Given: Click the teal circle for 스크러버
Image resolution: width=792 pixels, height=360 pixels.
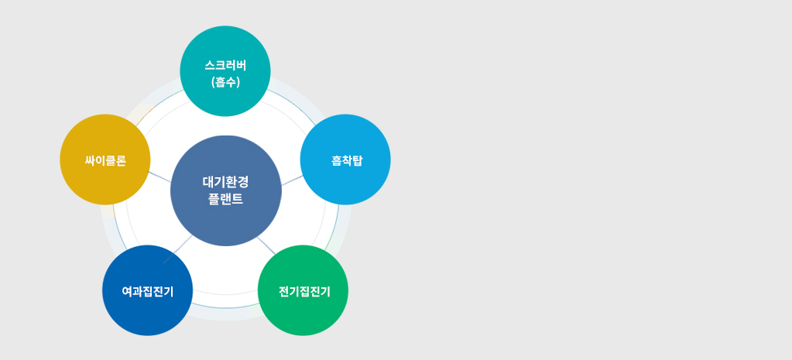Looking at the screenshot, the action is [225, 71].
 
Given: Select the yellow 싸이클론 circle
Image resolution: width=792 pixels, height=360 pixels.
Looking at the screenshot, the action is [105, 159].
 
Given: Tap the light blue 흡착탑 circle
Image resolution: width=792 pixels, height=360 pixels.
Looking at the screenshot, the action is [345, 159].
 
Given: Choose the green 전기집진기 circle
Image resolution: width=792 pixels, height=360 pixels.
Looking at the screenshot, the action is [303, 290].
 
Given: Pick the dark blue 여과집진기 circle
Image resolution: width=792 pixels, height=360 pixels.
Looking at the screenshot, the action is [148, 290].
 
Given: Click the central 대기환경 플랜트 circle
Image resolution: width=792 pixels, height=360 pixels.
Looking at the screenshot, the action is [226, 191].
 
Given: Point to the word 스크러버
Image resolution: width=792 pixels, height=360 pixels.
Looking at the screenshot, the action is [225, 66].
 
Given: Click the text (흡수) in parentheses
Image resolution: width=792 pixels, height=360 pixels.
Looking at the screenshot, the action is [225, 82].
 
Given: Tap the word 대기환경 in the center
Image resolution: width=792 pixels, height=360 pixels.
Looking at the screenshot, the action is [226, 182].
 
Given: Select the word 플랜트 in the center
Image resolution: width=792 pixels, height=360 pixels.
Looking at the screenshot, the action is [226, 199].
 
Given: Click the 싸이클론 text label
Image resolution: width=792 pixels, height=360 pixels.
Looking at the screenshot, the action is [105, 160].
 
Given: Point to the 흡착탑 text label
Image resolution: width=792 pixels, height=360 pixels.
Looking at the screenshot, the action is [347, 160].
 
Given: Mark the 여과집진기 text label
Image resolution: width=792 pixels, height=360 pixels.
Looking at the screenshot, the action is [148, 291].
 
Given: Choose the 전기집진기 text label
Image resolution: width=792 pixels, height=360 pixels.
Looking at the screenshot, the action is [304, 291].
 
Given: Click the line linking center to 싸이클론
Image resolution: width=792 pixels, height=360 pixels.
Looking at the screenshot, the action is [159, 177].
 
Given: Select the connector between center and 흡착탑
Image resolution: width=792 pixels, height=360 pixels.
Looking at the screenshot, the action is [292, 180].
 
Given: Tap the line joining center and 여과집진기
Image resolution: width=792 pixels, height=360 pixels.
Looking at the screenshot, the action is [177, 249].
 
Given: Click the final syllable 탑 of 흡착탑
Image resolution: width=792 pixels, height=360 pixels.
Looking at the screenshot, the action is [357, 160].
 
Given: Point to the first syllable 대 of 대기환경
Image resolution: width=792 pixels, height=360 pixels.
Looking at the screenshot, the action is [208, 182].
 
